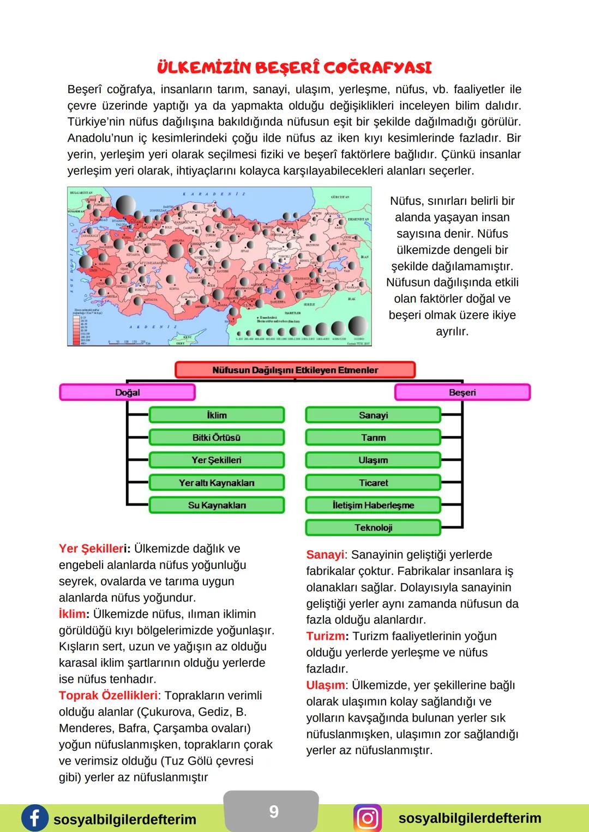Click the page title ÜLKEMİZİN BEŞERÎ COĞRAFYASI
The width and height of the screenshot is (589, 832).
(294, 68)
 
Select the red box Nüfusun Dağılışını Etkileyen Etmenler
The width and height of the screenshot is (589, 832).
(294, 370)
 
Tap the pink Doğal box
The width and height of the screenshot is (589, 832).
(127, 392)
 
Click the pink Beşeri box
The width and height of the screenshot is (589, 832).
(462, 392)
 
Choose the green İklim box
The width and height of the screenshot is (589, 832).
(217, 415)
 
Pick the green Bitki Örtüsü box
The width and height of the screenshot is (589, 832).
(217, 438)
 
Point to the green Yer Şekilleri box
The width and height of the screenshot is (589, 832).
(217, 460)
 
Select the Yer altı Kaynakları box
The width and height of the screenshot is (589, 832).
(217, 483)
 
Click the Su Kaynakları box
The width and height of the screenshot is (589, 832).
(217, 505)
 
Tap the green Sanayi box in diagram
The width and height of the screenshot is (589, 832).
(373, 415)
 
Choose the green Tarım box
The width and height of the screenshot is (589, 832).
(373, 438)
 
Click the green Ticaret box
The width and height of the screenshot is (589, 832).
(373, 483)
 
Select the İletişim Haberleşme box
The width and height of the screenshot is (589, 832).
(373, 505)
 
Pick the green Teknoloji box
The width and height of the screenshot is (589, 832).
(373, 527)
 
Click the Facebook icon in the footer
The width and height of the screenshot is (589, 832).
(34, 818)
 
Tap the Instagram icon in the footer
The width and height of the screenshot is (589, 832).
(368, 818)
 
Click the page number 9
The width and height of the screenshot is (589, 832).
(274, 812)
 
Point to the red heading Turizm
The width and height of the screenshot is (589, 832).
(325, 636)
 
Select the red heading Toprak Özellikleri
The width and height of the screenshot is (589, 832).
(108, 696)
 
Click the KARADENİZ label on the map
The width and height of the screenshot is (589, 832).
(214, 193)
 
